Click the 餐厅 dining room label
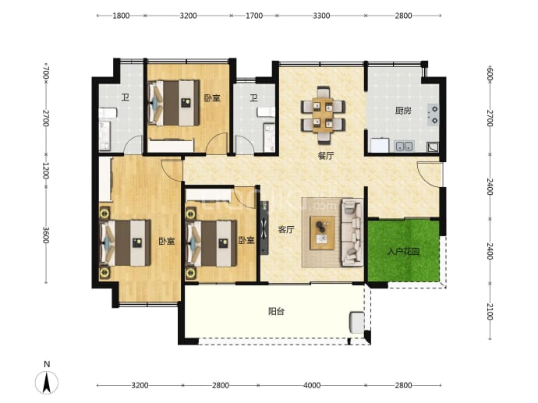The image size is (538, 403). coord(326,157)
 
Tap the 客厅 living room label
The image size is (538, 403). coord(286,230)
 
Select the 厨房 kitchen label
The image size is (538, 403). coord(403,111)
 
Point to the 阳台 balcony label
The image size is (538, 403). coord(276,312)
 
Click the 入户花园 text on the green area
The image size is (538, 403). coord(404,252)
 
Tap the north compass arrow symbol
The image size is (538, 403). coord(47,382)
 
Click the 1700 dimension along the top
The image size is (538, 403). coord(254,16)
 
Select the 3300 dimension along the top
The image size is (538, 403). coord(321,16)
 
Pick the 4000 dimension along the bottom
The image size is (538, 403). coord(312,386)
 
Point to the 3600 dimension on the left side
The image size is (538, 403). coord(46,235)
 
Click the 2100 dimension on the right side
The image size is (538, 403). coord(490,312)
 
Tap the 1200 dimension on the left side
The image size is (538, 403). coord(46,171)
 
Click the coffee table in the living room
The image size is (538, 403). coord(322,233)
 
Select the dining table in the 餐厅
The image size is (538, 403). coord(323,115)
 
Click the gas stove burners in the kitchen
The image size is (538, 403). coord(434,115)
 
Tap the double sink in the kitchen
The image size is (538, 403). coord(404,146)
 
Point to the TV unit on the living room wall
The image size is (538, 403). coord(264,228)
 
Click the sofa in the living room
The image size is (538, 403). coord(352,233)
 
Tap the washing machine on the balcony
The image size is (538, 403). coord(357,322)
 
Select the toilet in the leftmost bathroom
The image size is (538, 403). coord(108,113)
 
